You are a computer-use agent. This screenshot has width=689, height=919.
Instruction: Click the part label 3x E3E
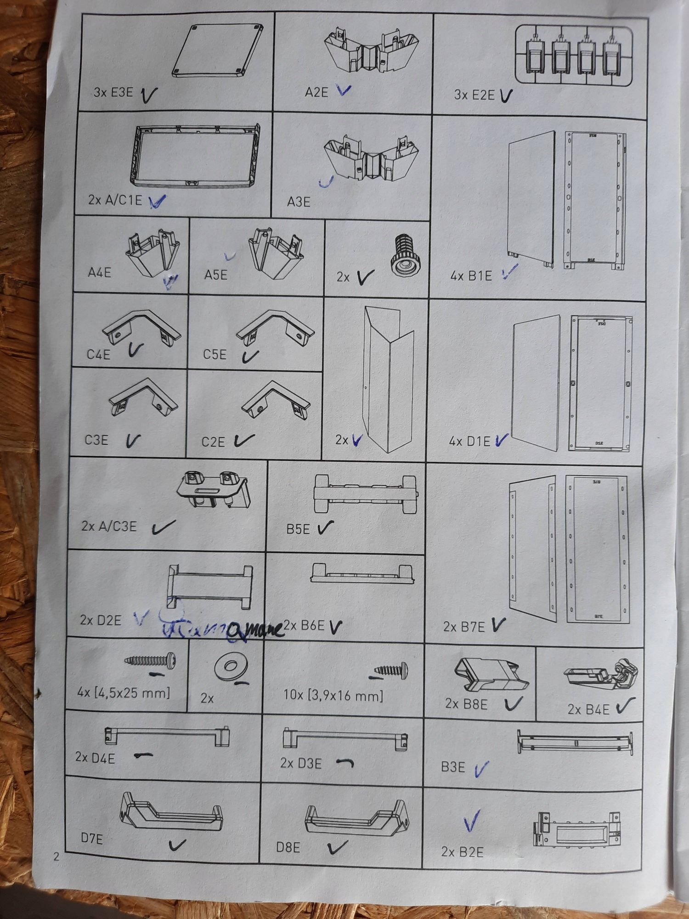coord(113,92)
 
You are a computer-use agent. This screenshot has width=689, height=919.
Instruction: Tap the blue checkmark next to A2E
coord(343,90)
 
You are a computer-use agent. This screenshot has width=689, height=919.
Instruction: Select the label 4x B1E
coord(471,276)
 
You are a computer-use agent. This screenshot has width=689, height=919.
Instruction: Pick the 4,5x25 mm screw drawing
coord(150,661)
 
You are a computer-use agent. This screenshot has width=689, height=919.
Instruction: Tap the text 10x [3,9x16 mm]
coord(333,695)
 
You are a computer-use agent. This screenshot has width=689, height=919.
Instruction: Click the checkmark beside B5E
coord(325,528)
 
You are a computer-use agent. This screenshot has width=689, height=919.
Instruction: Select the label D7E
coord(92,839)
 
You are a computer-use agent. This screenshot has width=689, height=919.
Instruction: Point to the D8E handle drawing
coord(356,821)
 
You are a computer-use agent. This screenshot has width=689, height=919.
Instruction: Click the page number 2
coord(56,857)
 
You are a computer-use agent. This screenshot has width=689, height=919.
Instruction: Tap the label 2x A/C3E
coord(109,526)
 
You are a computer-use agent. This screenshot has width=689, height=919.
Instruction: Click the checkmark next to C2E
coord(243,441)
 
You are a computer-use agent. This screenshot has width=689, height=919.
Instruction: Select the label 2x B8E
coord(466,704)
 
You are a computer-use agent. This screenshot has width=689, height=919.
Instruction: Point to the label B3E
coord(453,767)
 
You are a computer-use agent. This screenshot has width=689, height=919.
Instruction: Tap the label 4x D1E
coord(469,442)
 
